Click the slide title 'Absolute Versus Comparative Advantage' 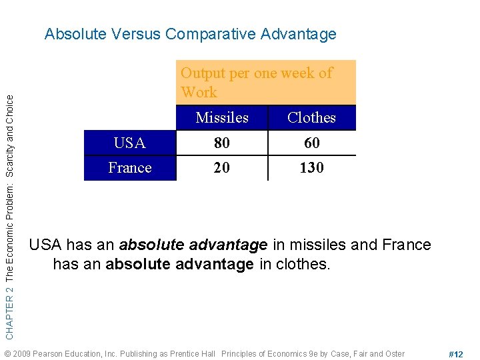(x=190, y=34)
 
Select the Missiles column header (x=222, y=118)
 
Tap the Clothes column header (x=311, y=118)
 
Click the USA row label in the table (x=130, y=143)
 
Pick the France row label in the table (x=130, y=168)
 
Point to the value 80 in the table (x=222, y=143)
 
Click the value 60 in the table (x=311, y=143)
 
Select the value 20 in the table (x=222, y=168)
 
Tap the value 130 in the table (x=311, y=168)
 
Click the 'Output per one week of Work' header (x=257, y=82)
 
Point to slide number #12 (x=456, y=354)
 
